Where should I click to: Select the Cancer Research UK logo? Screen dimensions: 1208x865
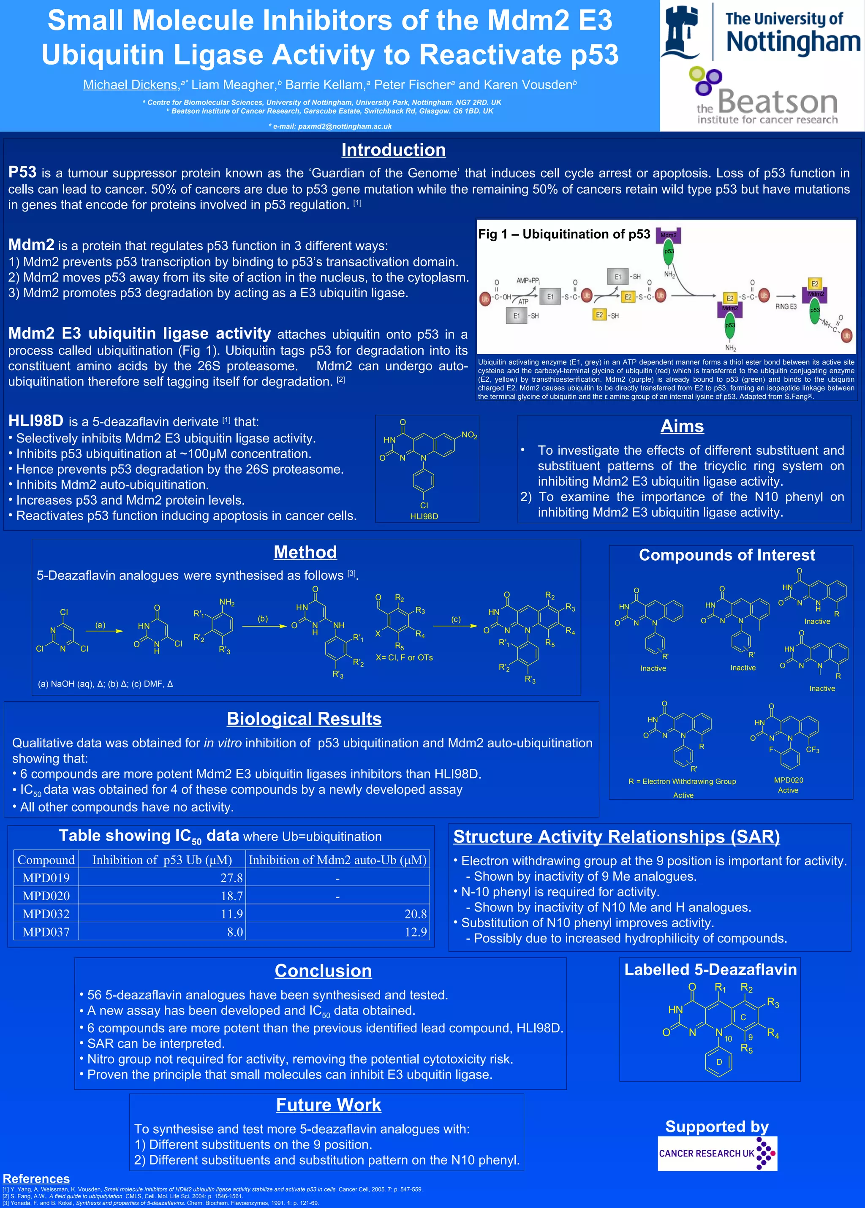point(717,1153)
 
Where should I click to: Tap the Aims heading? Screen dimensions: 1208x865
point(682,426)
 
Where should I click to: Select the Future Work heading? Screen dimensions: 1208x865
point(328,1105)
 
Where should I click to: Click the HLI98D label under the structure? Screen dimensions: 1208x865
point(424,516)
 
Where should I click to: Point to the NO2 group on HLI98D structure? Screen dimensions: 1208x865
point(469,435)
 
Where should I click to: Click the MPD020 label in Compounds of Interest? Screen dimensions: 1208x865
point(788,780)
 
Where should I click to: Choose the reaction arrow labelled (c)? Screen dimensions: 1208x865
point(455,626)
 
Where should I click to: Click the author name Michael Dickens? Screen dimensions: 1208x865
point(130,84)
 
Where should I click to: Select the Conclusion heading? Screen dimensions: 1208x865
point(323,971)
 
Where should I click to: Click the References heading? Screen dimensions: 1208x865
point(36,1179)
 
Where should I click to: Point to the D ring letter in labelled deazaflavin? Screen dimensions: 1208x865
point(718,1061)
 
